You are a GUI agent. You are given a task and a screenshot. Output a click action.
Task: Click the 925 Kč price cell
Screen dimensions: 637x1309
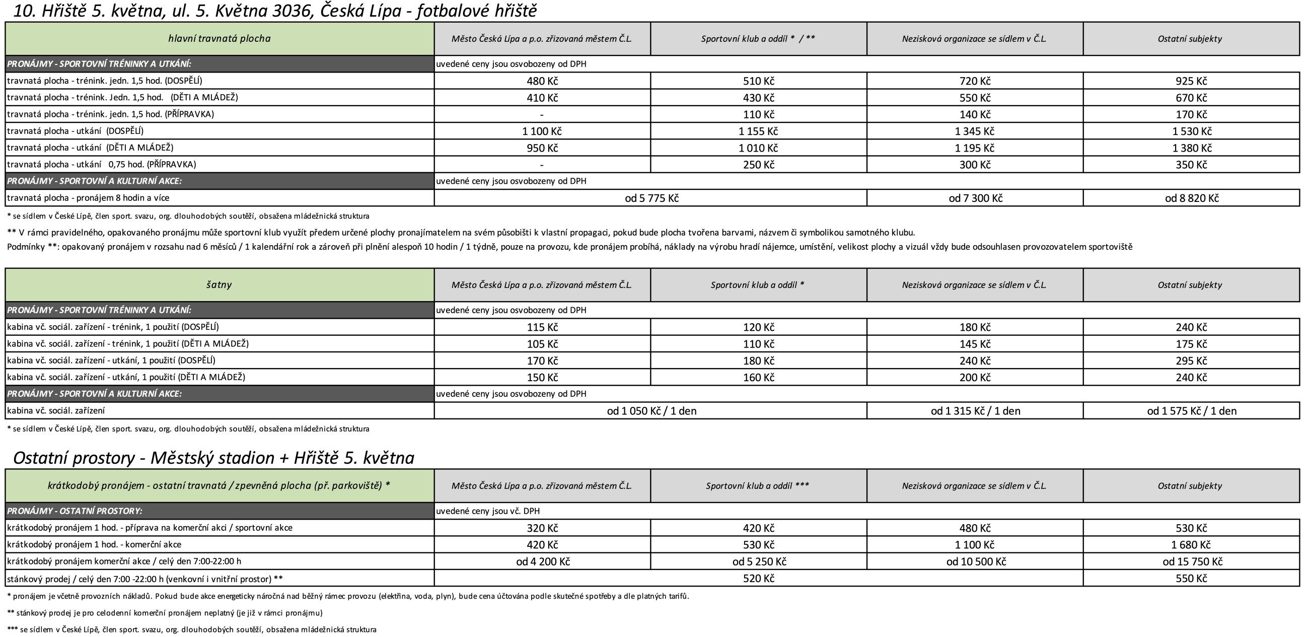[1191, 81]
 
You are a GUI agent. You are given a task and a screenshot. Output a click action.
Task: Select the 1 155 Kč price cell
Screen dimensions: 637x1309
[758, 131]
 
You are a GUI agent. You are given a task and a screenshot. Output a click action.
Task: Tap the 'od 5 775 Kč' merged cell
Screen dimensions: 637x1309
[651, 198]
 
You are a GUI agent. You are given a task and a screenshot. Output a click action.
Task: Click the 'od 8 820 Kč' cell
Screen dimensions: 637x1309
[1191, 198]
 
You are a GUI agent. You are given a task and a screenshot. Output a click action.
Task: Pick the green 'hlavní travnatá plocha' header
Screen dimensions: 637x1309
[219, 39]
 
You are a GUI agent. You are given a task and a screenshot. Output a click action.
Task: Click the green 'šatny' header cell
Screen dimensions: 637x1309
[219, 285]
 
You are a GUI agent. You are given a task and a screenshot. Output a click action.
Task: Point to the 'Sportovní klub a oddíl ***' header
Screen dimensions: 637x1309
[758, 485]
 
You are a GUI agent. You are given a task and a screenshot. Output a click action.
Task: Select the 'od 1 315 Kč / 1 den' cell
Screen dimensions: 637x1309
[975, 411]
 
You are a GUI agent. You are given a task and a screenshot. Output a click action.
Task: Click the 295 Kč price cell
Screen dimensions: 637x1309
[1191, 361]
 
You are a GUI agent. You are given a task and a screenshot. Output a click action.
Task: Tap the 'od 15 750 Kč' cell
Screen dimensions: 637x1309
[1192, 561]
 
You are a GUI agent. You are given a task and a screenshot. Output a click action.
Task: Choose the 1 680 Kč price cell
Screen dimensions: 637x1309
[1191, 544]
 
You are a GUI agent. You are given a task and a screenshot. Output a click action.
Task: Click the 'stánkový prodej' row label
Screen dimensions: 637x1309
[145, 579]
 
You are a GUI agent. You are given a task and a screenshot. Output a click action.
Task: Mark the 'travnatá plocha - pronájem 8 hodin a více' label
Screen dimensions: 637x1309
[89, 198]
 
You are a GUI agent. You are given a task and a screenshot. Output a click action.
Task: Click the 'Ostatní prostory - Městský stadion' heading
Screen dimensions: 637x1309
[213, 458]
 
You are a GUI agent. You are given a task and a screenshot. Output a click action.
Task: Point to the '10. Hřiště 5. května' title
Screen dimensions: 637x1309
[274, 11]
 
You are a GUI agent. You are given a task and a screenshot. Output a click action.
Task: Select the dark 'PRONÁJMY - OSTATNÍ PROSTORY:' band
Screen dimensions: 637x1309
[219, 511]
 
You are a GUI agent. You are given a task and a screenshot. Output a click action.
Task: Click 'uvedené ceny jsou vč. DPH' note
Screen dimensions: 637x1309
[488, 511]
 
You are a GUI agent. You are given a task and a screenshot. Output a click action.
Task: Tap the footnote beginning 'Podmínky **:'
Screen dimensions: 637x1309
[569, 247]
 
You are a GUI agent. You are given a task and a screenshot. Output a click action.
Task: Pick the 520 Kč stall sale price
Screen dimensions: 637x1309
[758, 578]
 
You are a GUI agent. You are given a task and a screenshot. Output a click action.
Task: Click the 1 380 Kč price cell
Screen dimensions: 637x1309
[1191, 148]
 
